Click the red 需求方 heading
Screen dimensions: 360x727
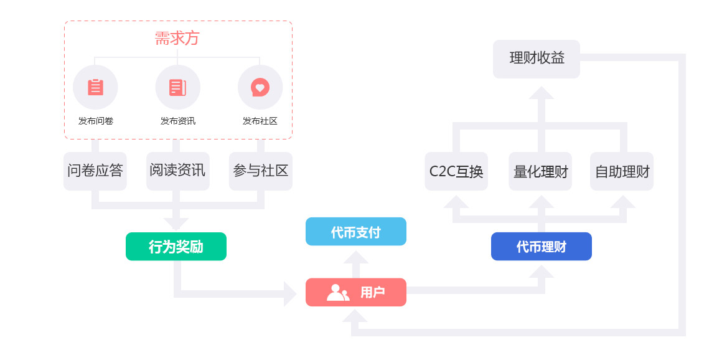point(177,39)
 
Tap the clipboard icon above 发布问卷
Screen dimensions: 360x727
point(95,87)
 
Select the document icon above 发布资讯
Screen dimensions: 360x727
point(177,87)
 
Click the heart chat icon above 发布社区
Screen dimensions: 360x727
point(260,87)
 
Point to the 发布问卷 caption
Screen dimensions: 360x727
point(95,121)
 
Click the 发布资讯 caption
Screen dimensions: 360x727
point(177,121)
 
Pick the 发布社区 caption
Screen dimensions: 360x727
point(260,121)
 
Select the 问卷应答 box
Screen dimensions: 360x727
point(95,171)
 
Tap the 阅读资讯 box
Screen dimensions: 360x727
point(177,171)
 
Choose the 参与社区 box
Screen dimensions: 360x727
point(260,171)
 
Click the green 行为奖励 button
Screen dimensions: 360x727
point(176,247)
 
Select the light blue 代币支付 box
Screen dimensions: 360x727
point(355,232)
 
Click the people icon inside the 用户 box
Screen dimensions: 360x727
point(337,292)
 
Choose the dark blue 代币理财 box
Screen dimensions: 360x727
point(541,247)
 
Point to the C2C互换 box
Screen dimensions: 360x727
point(456,171)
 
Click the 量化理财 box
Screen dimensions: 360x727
point(540,171)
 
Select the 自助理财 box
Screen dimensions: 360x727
point(622,171)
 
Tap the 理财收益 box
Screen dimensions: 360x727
point(537,59)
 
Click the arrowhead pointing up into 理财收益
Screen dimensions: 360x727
point(541,93)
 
